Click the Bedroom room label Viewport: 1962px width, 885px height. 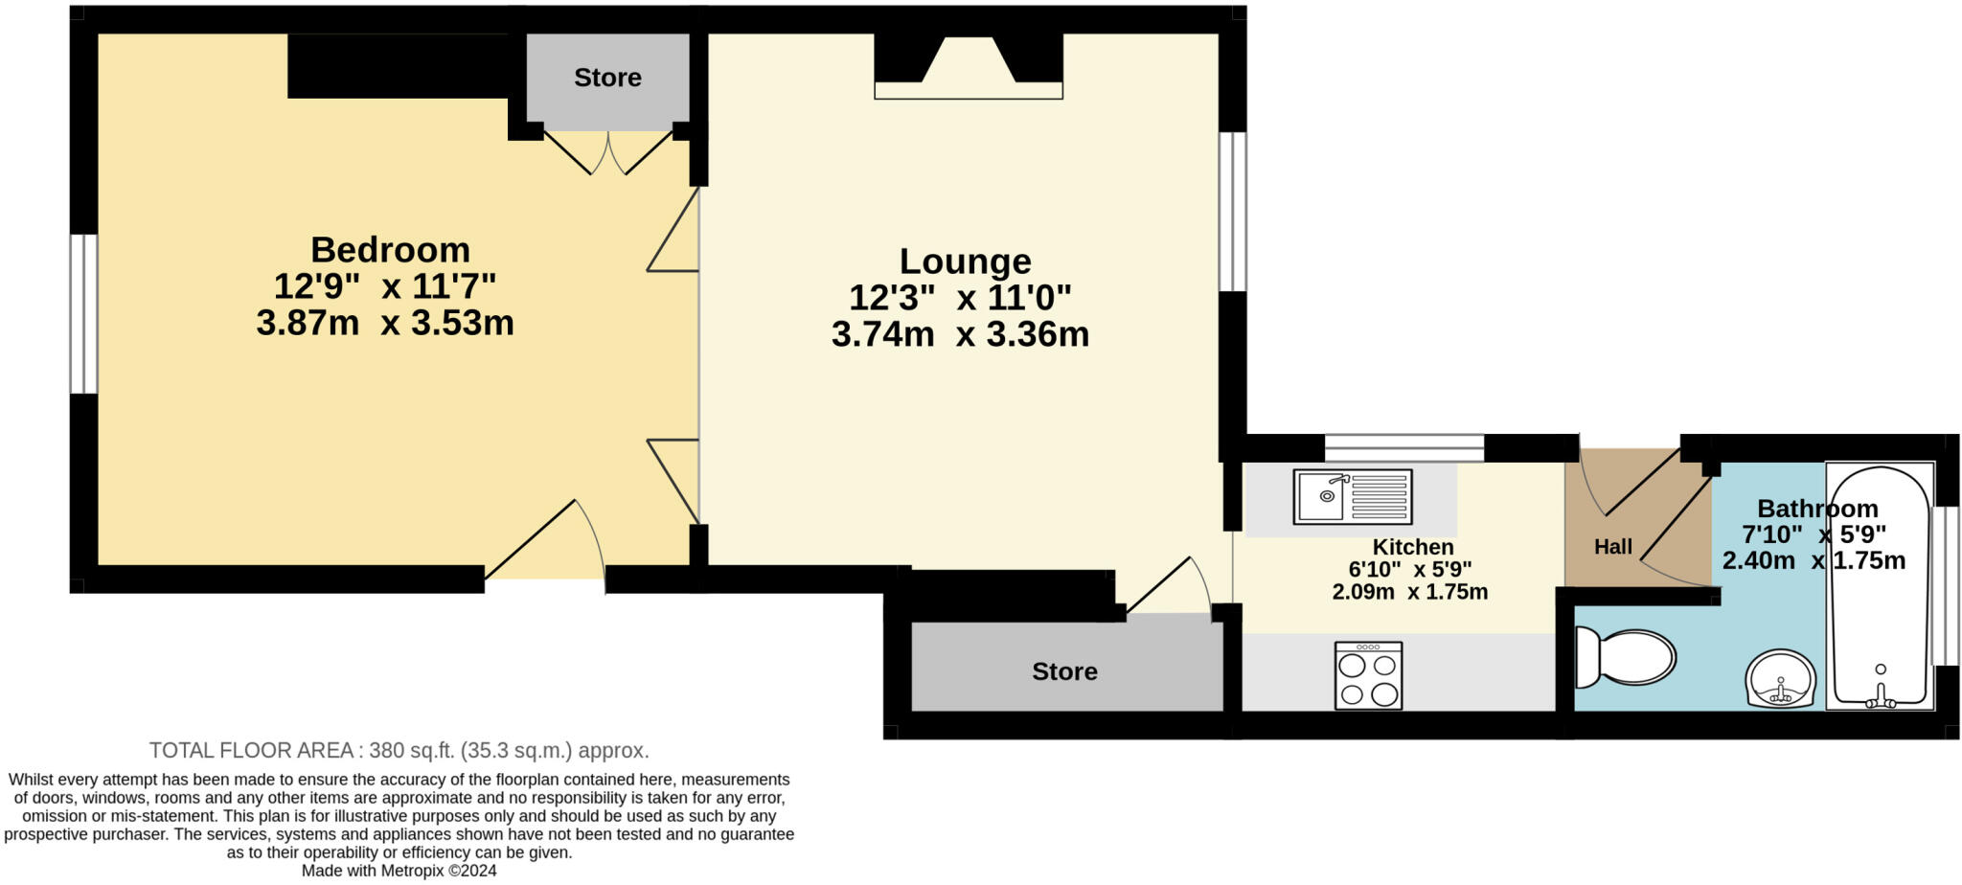click(390, 250)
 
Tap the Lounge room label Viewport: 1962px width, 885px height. click(965, 261)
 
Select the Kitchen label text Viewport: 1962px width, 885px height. click(1413, 547)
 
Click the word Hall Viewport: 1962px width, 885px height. click(1612, 547)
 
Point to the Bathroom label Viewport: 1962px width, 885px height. click(1816, 509)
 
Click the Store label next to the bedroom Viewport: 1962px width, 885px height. click(607, 78)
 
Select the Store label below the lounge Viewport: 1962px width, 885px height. click(1064, 671)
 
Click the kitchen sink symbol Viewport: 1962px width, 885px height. click(1352, 496)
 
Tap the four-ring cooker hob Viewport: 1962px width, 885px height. click(1368, 676)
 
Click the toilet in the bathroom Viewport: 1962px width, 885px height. click(1627, 658)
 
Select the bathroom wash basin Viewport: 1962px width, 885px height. click(1780, 678)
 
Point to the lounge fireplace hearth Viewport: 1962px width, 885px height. click(968, 90)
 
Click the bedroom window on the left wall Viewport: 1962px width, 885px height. click(84, 313)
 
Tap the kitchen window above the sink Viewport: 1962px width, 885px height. click(1403, 447)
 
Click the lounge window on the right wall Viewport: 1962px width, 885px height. click(1232, 211)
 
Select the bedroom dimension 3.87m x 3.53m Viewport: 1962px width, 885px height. click(385, 324)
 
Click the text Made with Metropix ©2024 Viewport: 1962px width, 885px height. click(399, 871)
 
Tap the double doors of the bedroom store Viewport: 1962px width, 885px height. click(607, 153)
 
